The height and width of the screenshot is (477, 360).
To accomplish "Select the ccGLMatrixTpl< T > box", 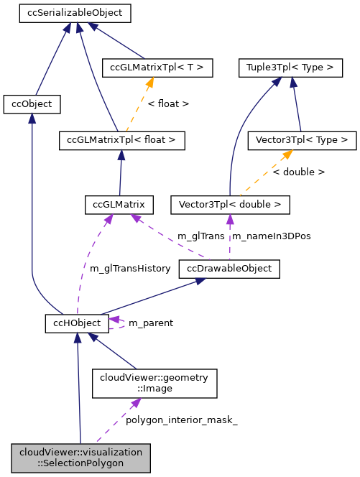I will pyautogui.click(x=157, y=68).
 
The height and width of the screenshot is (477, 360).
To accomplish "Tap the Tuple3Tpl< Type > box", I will pyautogui.click(x=290, y=68).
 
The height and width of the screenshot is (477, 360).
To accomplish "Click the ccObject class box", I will pyautogui.click(x=32, y=104).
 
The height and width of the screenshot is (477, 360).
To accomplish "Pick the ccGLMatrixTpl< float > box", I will pyautogui.click(x=122, y=140).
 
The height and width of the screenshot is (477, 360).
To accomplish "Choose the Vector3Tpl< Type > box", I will pyautogui.click(x=301, y=140).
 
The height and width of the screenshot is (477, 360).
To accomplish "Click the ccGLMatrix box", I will pyautogui.click(x=119, y=205).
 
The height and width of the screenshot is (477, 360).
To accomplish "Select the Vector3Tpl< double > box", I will pyautogui.click(x=230, y=205).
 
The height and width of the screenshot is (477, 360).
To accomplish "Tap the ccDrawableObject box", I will pyautogui.click(x=229, y=269).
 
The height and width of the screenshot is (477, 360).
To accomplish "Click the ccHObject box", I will pyautogui.click(x=77, y=323).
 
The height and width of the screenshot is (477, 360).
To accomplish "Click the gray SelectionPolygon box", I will pyautogui.click(x=80, y=458).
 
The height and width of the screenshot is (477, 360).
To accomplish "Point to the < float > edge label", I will pyautogui.click(x=168, y=103).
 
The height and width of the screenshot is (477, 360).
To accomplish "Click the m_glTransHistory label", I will pyautogui.click(x=130, y=269).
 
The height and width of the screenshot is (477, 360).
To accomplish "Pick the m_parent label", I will pyautogui.click(x=150, y=323).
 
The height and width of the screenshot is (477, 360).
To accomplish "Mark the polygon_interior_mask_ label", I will pyautogui.click(x=181, y=420).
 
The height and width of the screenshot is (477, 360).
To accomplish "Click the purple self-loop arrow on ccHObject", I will pyautogui.click(x=118, y=323).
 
